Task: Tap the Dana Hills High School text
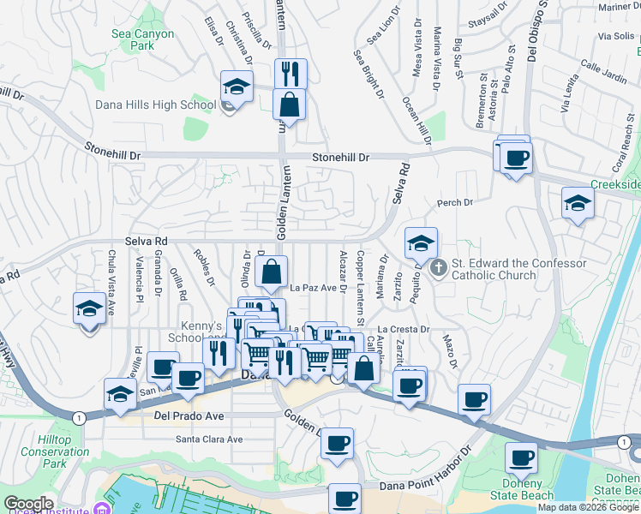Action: click(157, 105)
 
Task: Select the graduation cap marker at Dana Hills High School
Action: click(237, 87)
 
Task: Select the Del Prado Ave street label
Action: click(189, 416)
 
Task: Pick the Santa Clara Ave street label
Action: click(209, 439)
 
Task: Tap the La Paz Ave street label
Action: click(313, 288)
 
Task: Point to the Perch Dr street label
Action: click(455, 203)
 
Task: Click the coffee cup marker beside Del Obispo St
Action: click(517, 158)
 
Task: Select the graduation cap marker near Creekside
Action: click(578, 203)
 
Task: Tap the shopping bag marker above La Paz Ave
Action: click(272, 272)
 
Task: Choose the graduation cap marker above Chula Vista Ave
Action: click(89, 308)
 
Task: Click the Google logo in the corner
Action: click(28, 504)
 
